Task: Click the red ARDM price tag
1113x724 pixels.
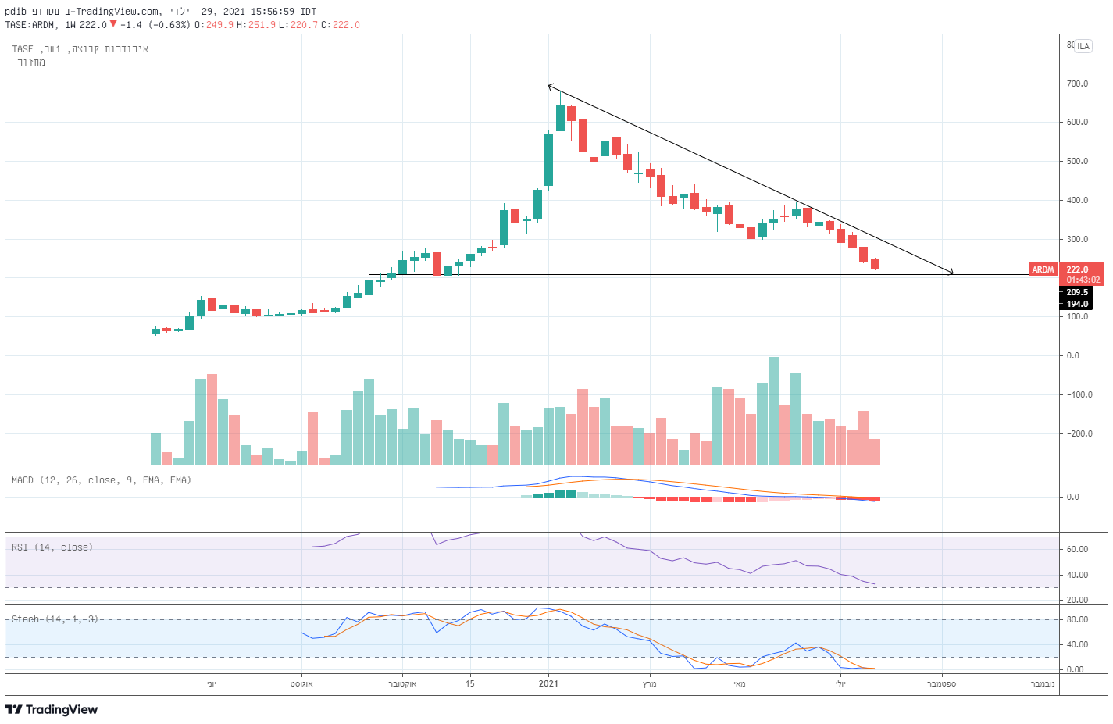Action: [x=1043, y=269]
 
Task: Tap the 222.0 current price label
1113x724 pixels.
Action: [x=1077, y=269]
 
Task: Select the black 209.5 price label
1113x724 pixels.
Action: [x=1077, y=292]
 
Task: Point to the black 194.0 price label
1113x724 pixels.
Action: [x=1077, y=304]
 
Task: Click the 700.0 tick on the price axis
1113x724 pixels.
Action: [x=1077, y=84]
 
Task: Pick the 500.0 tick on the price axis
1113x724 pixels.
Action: [x=1077, y=162]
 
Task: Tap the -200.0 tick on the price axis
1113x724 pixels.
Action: [x=1080, y=433]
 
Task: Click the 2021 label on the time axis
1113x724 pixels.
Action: [x=548, y=684]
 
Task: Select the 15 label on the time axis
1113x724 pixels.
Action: [x=469, y=684]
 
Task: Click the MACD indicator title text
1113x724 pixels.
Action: [x=102, y=480]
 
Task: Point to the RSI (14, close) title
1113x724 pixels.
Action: [x=52, y=547]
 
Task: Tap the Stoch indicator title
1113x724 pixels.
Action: [x=55, y=619]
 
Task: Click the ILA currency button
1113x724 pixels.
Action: [x=1083, y=46]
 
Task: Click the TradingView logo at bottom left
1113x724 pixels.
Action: [x=52, y=709]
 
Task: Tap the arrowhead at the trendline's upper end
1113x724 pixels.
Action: [x=550, y=86]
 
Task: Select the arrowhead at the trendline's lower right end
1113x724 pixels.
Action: [x=950, y=272]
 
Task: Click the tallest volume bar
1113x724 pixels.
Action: [x=773, y=411]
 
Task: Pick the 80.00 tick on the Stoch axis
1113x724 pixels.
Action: [x=1076, y=620]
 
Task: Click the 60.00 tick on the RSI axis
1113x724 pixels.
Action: [x=1076, y=549]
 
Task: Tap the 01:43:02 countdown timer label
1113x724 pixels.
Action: [x=1083, y=280]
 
